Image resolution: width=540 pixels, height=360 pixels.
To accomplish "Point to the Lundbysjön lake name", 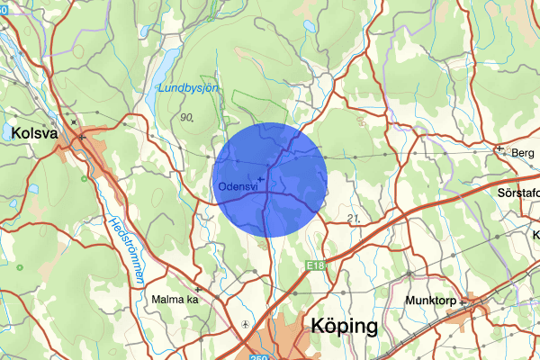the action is pos(189,88).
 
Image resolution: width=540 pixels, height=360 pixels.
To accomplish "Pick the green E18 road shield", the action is pos(314,264).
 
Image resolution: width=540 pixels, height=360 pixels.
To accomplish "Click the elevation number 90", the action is pos(187,117).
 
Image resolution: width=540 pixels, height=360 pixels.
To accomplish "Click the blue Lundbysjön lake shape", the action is pos(163,68).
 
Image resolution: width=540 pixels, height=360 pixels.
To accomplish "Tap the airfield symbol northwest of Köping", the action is pos(246,323).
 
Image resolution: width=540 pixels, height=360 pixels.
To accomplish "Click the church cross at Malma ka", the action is pos(196,290).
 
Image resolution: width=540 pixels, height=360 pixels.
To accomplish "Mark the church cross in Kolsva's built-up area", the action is pos(81,137).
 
